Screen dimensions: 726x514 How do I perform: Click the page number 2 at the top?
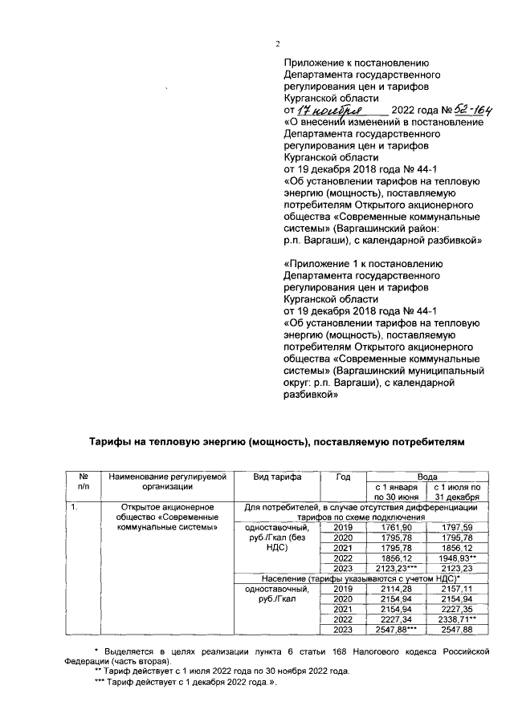click(x=277, y=44)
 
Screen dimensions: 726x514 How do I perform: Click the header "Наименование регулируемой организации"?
click(x=169, y=481)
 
